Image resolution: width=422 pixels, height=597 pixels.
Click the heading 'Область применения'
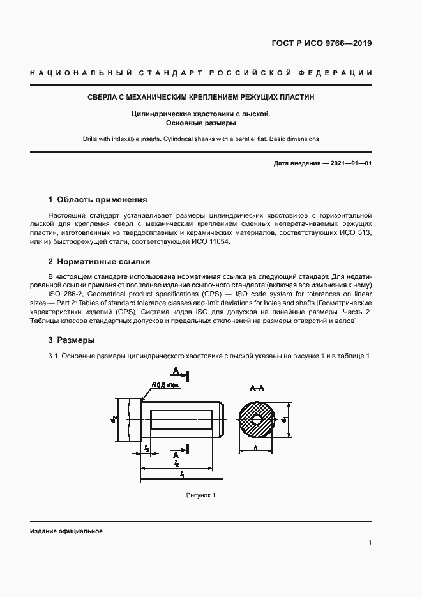(102, 200)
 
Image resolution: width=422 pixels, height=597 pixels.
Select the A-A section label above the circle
(258, 387)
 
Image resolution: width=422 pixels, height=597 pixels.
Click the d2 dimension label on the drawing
(114, 419)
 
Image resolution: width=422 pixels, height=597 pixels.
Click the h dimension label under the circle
(255, 449)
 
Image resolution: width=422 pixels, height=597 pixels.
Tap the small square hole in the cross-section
(257, 419)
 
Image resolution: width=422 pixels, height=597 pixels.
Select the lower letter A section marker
(174, 454)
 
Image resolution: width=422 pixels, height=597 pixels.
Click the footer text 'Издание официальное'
(66, 531)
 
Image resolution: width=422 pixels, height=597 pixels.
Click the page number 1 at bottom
(370, 542)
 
